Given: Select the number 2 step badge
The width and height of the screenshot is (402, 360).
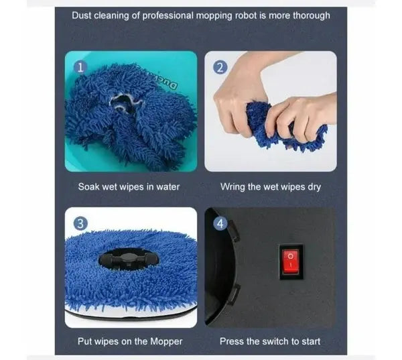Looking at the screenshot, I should pyautogui.click(x=220, y=67).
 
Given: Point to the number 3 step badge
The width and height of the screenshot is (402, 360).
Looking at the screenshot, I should pyautogui.click(x=80, y=223).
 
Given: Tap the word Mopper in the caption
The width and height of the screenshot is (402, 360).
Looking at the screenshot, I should pyautogui.click(x=165, y=341).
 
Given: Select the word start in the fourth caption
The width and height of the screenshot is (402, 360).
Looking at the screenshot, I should pyautogui.click(x=310, y=341).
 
